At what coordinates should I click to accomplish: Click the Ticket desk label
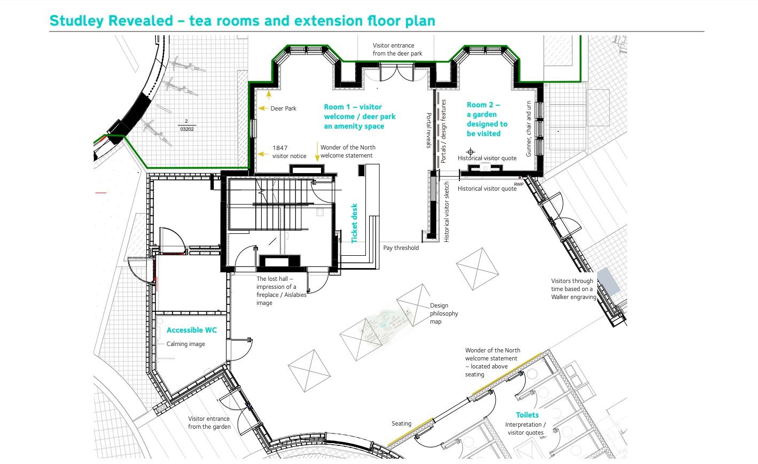(354, 223)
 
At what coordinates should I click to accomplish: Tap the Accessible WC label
(192, 330)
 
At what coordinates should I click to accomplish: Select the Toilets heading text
(527, 415)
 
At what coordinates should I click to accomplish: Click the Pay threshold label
(401, 248)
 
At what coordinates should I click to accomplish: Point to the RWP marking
(519, 184)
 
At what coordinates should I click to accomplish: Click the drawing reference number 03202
(187, 129)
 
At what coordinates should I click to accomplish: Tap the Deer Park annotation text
(283, 108)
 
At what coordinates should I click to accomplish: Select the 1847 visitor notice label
(290, 152)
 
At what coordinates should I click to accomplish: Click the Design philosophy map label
(444, 313)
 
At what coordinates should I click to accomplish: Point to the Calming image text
(185, 344)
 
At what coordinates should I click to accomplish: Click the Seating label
(401, 423)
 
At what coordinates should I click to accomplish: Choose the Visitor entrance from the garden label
(209, 423)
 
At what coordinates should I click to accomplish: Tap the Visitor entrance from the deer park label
(397, 49)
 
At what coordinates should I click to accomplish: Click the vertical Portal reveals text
(429, 130)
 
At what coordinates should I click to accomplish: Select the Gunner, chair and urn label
(528, 129)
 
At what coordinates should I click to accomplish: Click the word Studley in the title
(76, 21)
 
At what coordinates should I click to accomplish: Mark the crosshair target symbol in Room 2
(471, 152)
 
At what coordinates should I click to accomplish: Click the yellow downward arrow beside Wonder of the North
(317, 152)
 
